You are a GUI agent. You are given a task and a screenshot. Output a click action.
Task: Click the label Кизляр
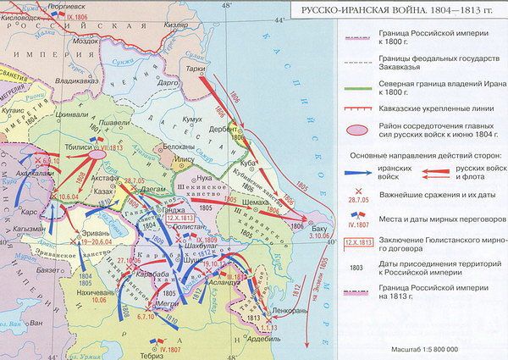[x=172, y=28]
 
